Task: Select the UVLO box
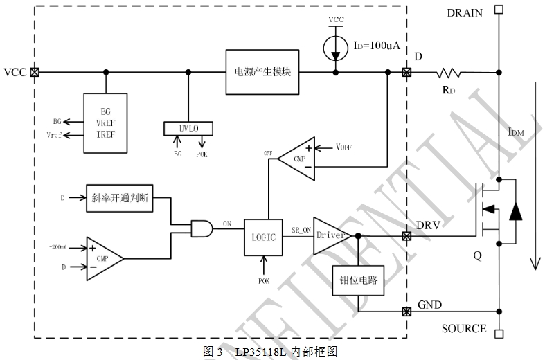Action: tap(188, 129)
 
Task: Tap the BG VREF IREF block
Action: tap(105, 122)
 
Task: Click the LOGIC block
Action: tap(262, 237)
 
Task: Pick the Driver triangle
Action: tap(331, 235)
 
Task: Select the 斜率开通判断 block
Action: tap(119, 197)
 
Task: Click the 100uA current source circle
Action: tap(336, 46)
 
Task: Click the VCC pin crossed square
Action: tap(33, 71)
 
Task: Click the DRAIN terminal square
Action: tap(498, 10)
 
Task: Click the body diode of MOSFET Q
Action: tap(515, 211)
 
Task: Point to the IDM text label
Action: tap(516, 132)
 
